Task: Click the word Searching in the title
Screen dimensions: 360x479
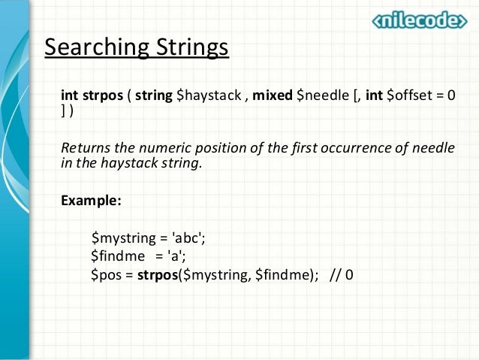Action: coord(88,48)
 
